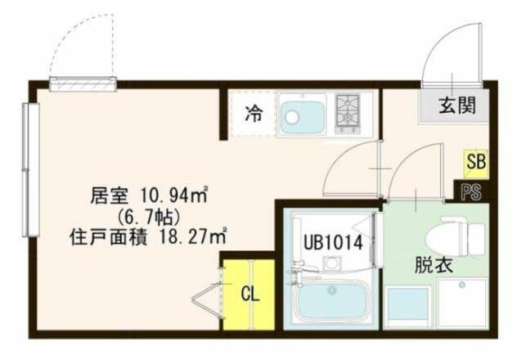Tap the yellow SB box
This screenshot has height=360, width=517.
[x=475, y=162]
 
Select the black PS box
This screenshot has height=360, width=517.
[x=471, y=192]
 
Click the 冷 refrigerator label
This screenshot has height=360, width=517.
[x=253, y=115]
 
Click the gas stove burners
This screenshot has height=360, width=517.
[x=348, y=112]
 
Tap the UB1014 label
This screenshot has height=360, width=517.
[x=328, y=242]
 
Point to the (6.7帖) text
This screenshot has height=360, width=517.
[x=148, y=217]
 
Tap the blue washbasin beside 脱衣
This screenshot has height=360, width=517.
[x=407, y=304]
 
